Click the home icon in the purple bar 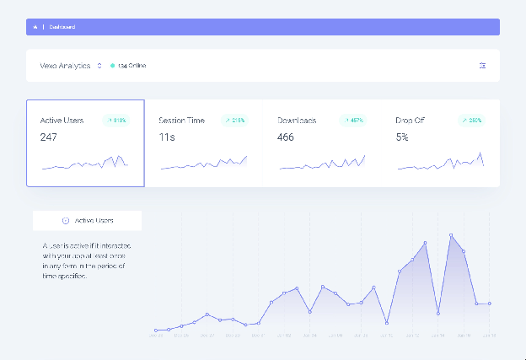pos(35,27)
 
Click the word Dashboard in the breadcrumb pos(62,27)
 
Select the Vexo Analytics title pos(67,65)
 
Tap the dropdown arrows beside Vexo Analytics pos(99,65)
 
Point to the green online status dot pos(112,65)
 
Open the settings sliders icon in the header pos(482,65)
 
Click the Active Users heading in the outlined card pos(63,121)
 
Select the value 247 pos(49,137)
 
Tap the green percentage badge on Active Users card pos(115,121)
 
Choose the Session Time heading pos(181,121)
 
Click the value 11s pos(166,137)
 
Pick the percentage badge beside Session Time pos(234,121)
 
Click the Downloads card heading pos(297,121)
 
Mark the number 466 pos(286,137)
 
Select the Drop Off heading pos(410,121)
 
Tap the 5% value pos(402,137)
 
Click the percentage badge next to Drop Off pos(471,121)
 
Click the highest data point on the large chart pos(451,235)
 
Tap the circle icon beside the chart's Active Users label pos(66,220)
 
